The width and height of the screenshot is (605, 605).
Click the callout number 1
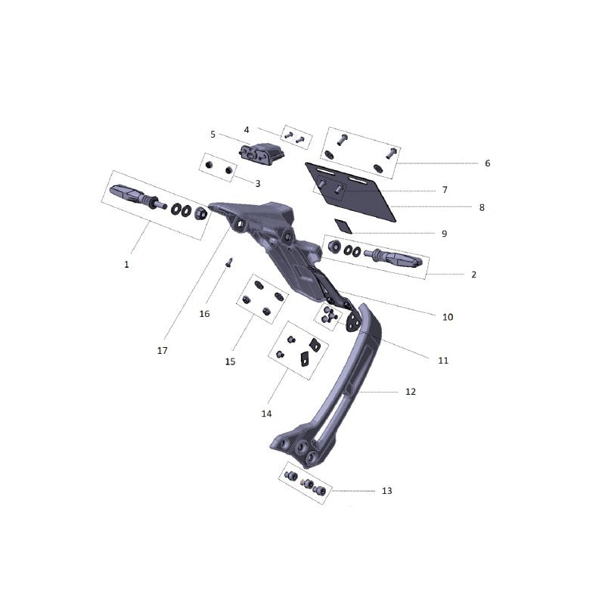(x=126, y=265)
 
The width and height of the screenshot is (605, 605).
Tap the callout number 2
(x=474, y=275)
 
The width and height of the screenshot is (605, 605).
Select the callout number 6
(x=488, y=163)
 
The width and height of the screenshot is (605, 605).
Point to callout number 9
(x=445, y=234)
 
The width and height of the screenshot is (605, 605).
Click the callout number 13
(x=387, y=491)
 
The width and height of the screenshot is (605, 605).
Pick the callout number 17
(x=163, y=351)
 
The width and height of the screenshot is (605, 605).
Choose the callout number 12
(x=411, y=392)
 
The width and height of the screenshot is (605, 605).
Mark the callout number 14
(x=267, y=414)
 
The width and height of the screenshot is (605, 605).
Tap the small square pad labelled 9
(x=343, y=226)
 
